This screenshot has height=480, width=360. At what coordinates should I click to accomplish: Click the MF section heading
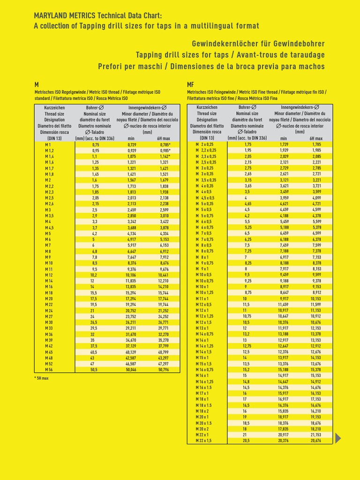click(190, 84)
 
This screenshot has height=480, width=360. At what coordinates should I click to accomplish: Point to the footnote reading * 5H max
click(41, 378)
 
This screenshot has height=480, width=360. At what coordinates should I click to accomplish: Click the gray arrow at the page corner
click(339, 438)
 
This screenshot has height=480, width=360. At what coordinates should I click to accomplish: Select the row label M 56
click(48, 370)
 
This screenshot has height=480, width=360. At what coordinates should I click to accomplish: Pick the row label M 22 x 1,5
click(203, 440)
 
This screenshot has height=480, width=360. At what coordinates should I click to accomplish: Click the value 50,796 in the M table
click(164, 370)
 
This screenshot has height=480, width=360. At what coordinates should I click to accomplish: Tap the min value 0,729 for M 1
click(131, 145)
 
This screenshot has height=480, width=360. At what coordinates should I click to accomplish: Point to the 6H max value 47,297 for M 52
click(164, 364)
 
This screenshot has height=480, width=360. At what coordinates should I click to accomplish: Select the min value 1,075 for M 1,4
click(131, 157)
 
